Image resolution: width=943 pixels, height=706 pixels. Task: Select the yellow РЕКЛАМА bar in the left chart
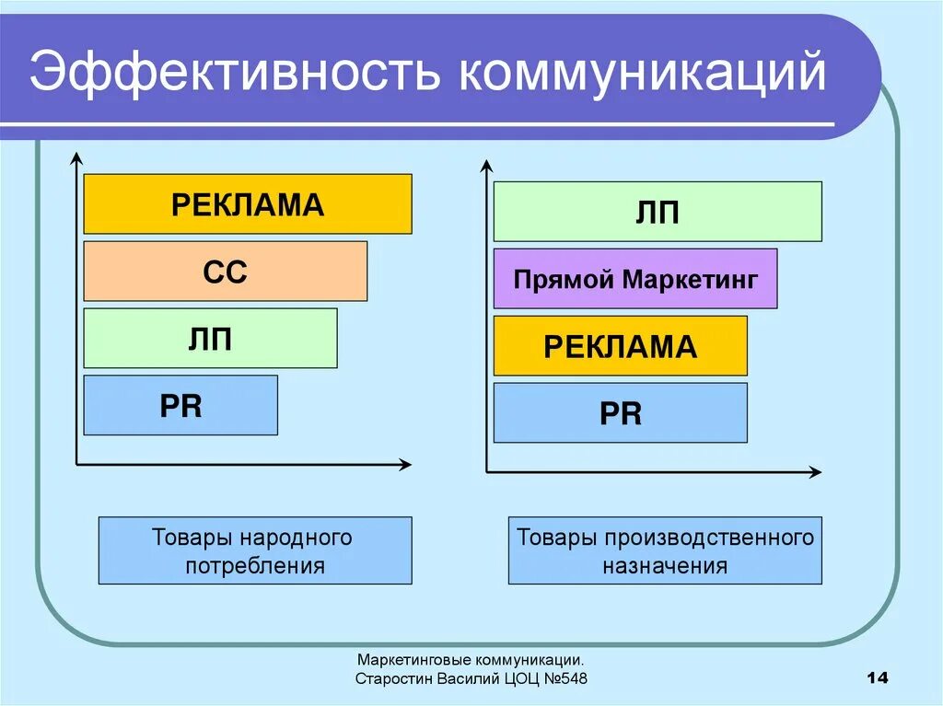pyautogui.click(x=248, y=203)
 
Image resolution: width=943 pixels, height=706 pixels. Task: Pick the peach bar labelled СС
pyautogui.click(x=226, y=271)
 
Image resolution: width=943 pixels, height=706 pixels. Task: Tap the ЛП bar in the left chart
pyautogui.click(x=210, y=338)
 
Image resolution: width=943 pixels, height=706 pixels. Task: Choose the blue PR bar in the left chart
pyautogui.click(x=180, y=405)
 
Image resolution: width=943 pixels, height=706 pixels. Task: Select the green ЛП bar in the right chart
pyautogui.click(x=658, y=212)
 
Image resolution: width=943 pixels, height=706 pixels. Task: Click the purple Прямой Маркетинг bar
pyautogui.click(x=635, y=278)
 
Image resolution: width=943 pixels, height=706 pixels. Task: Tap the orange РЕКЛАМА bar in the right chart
pyautogui.click(x=620, y=346)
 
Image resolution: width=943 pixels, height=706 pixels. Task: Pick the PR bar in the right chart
pyautogui.click(x=620, y=412)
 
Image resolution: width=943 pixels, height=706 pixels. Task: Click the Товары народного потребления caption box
pyautogui.click(x=255, y=550)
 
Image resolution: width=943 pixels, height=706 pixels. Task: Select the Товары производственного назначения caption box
pyautogui.click(x=665, y=550)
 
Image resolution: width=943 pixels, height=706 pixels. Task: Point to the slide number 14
pyautogui.click(x=877, y=678)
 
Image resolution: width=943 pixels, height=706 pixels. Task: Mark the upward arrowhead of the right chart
pyautogui.click(x=486, y=167)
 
